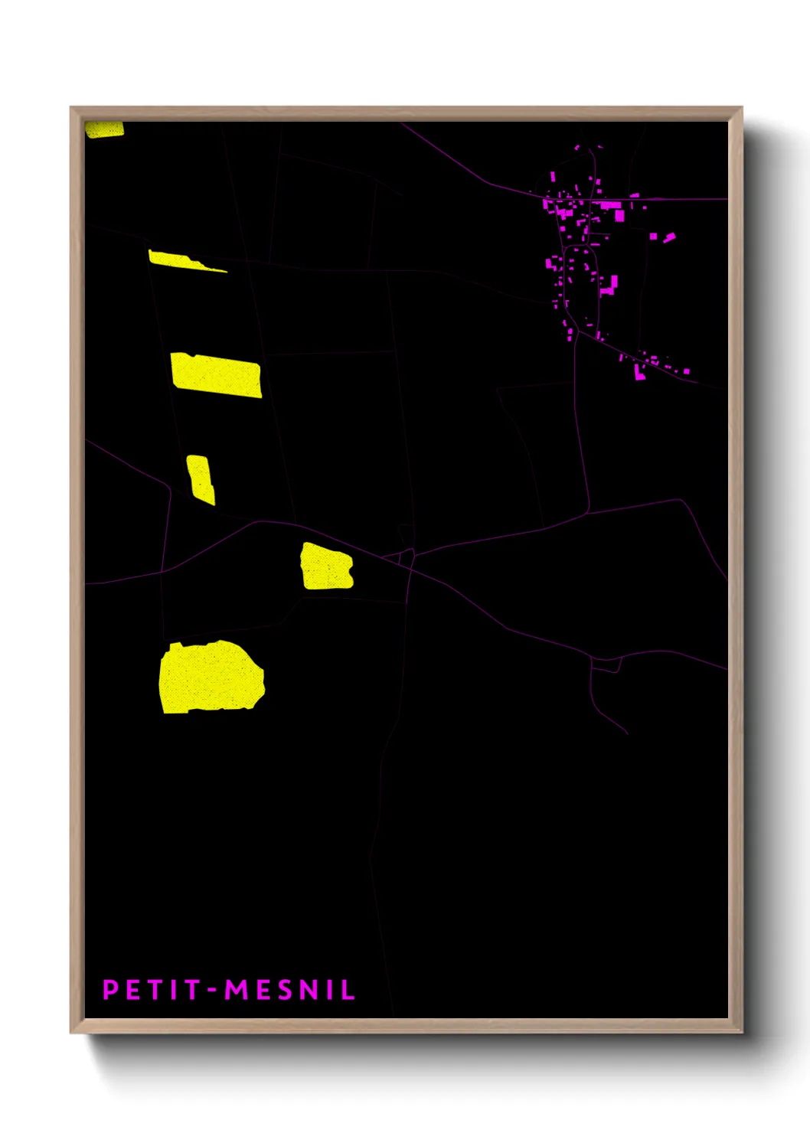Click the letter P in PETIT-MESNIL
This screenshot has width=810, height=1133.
[109, 990]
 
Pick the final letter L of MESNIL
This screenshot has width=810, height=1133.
[348, 990]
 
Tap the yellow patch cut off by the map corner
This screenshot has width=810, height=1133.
[103, 129]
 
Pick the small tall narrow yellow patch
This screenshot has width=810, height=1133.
[201, 479]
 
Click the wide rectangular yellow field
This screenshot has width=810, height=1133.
[216, 375]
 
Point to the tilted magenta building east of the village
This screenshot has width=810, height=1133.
[669, 238]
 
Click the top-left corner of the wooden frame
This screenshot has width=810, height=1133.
[71, 108]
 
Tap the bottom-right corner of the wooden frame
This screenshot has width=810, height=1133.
[741, 1032]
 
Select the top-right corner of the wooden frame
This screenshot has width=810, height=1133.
[741, 108]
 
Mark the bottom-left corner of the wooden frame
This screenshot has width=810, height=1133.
[71, 1032]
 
